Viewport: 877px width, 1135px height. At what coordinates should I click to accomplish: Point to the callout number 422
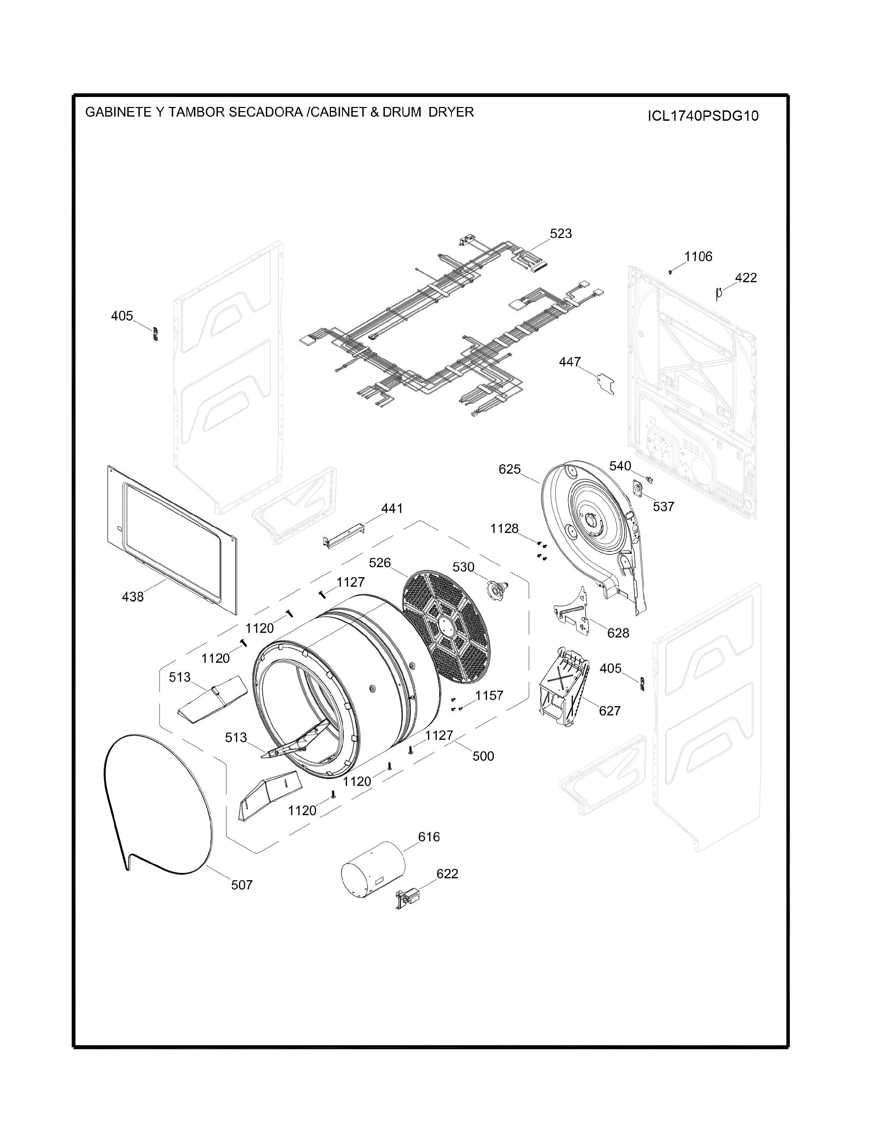(746, 278)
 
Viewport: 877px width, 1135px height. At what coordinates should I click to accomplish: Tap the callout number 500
(483, 756)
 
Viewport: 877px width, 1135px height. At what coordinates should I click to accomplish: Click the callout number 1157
(489, 695)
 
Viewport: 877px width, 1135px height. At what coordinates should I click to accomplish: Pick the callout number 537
(663, 506)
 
